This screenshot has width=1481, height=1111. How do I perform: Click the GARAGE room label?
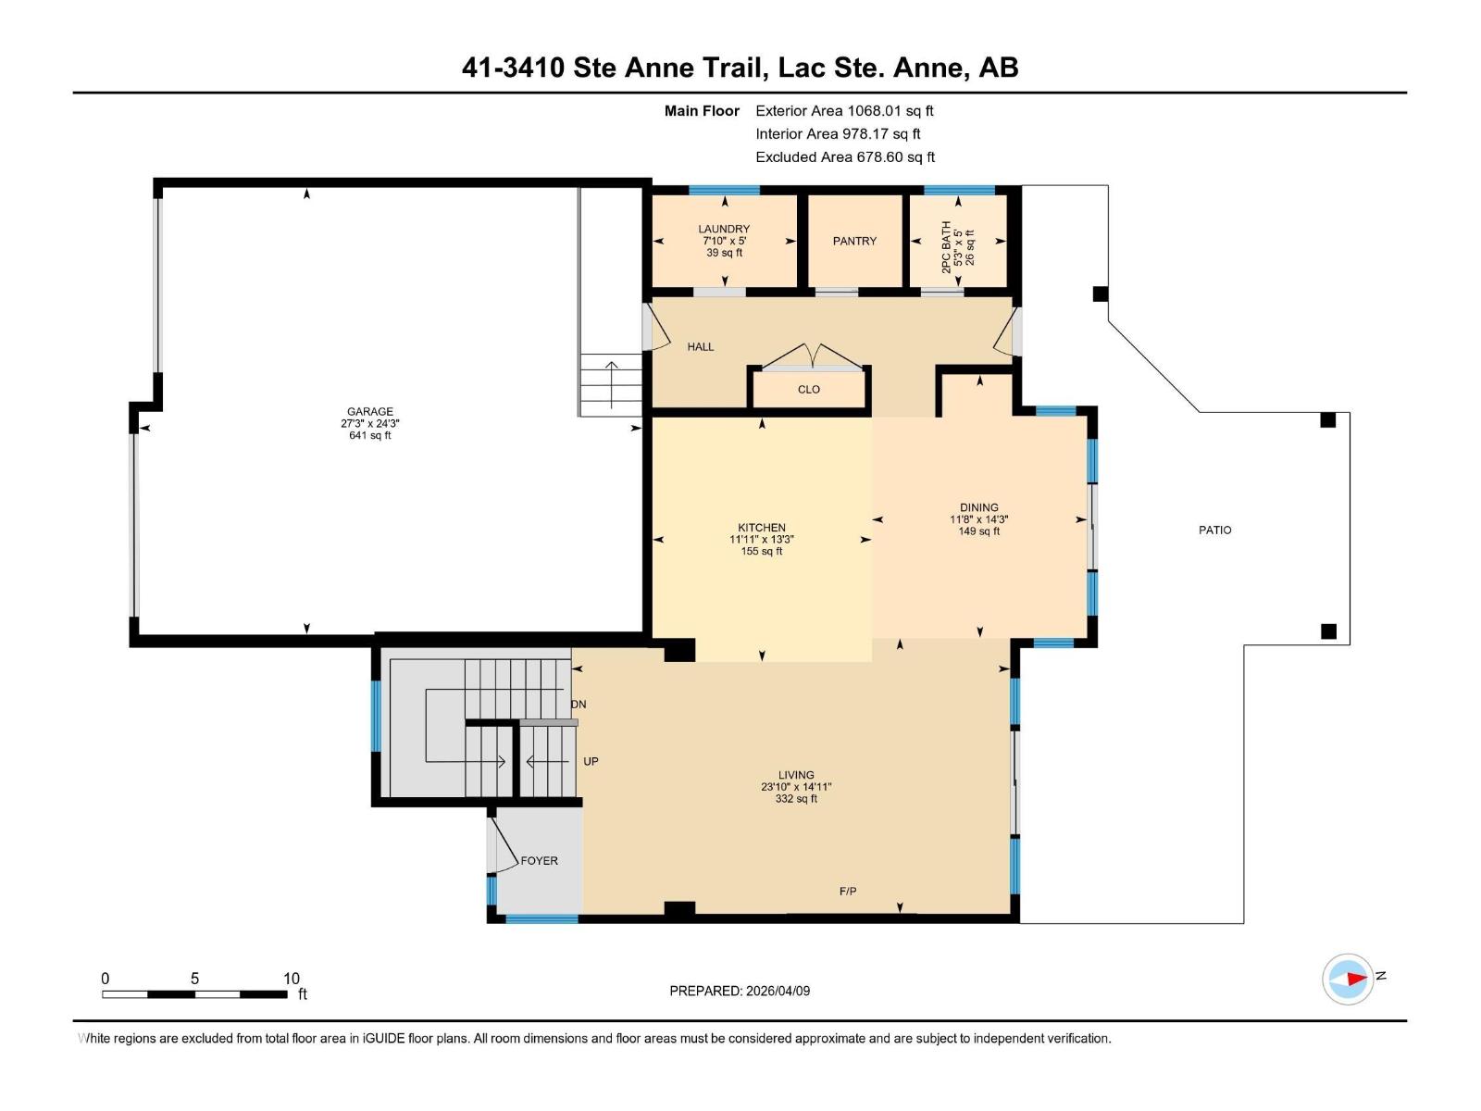tap(369, 411)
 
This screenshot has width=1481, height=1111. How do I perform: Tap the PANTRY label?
tap(853, 241)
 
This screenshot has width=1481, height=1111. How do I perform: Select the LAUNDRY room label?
tap(724, 229)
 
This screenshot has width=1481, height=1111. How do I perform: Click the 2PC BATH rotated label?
tap(946, 246)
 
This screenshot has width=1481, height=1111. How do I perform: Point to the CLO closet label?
tap(808, 390)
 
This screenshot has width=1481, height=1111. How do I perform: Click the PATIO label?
tap(1214, 530)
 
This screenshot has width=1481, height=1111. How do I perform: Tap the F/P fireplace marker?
tap(847, 892)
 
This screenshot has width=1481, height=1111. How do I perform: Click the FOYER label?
tap(539, 861)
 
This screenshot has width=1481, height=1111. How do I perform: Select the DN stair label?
tap(579, 705)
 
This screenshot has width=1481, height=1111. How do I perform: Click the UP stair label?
tap(591, 762)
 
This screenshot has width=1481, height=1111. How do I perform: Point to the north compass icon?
tap(1348, 979)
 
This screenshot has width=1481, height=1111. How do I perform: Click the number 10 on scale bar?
tap(291, 979)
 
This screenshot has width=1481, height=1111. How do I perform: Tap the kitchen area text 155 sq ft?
tap(761, 552)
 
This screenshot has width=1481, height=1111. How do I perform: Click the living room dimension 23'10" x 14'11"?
tap(796, 787)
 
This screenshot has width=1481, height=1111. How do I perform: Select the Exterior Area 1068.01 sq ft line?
tap(843, 111)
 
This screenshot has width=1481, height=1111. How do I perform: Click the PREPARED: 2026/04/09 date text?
tap(740, 991)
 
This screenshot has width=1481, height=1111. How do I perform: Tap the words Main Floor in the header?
tap(702, 111)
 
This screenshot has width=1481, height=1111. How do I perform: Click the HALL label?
tap(700, 347)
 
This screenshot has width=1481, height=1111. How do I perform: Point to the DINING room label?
tap(978, 507)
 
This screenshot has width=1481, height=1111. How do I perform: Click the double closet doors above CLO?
tap(810, 356)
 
